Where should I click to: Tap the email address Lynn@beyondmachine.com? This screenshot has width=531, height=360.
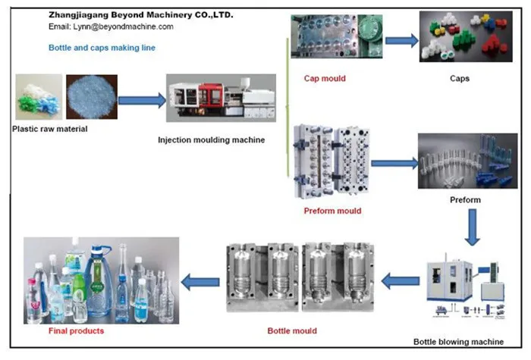coord(111,27)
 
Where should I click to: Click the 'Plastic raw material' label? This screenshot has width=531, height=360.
coord(50,128)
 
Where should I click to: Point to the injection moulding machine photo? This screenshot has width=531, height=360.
coord(221,99)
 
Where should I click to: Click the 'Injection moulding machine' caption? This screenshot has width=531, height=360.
coord(211,139)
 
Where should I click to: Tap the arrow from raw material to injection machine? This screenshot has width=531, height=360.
coord(142,99)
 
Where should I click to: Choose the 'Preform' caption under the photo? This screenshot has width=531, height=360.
coord(465,200)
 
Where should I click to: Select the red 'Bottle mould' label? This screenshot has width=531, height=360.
coord(292,330)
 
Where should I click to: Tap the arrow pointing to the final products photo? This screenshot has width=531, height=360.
coord(203,282)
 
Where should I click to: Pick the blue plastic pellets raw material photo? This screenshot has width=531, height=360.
coord(91,97)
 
